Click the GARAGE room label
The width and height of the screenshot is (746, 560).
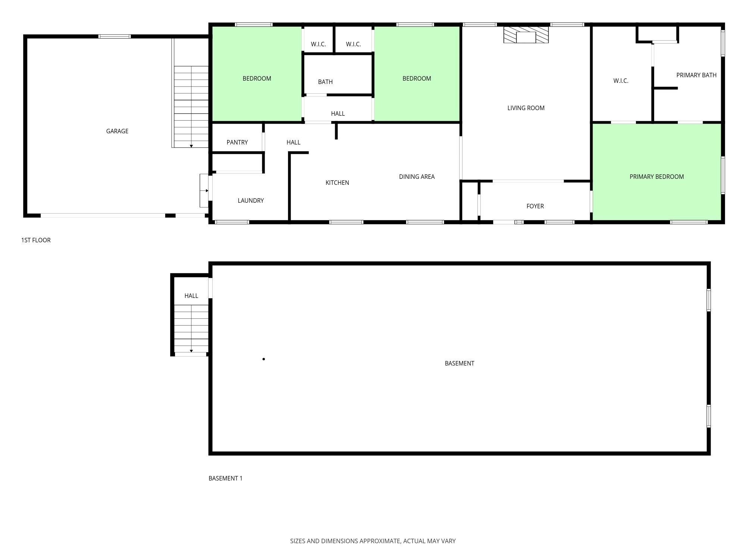pos(117,131)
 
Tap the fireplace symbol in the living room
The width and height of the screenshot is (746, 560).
pos(526,35)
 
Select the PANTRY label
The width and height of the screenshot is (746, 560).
pos(237,142)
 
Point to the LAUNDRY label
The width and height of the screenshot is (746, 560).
pos(251,200)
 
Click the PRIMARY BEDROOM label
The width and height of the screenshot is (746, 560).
pos(656,177)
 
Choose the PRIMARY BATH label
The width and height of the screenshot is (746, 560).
pos(696,75)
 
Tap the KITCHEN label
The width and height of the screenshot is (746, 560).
pos(337,183)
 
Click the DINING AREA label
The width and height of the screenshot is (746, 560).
pos(417,177)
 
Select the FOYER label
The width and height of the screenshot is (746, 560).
pos(535,206)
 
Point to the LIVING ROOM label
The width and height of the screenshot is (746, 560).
pos(526,108)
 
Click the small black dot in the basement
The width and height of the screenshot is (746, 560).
pos(264,359)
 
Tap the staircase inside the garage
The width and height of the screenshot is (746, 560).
pos(191,107)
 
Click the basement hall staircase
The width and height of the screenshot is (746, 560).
pos(191,329)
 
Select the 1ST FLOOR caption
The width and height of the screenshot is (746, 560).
pos(36,240)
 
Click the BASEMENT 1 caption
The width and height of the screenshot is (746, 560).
pos(225,478)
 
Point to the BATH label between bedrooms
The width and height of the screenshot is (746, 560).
pos(325,82)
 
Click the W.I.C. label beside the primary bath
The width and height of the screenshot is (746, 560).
pos(621,81)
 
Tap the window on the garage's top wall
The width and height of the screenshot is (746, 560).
pos(115,36)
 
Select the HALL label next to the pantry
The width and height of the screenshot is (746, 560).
pos(294,142)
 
